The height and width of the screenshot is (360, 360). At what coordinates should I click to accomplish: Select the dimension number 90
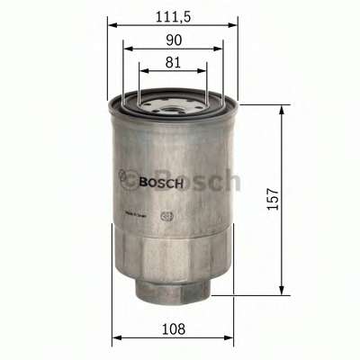point(173,39)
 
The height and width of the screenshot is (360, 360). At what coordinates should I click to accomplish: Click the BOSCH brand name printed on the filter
point(162,182)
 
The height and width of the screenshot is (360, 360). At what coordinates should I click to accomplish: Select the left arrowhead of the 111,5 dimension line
point(111,24)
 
